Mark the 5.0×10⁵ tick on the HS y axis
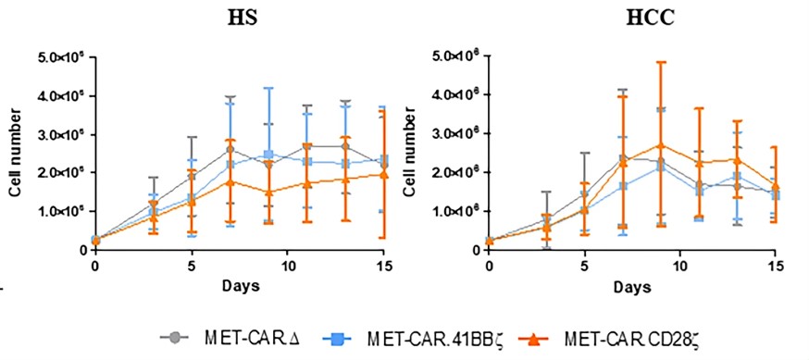(60, 58)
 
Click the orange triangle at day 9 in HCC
(659, 145)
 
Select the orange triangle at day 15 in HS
(383, 174)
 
